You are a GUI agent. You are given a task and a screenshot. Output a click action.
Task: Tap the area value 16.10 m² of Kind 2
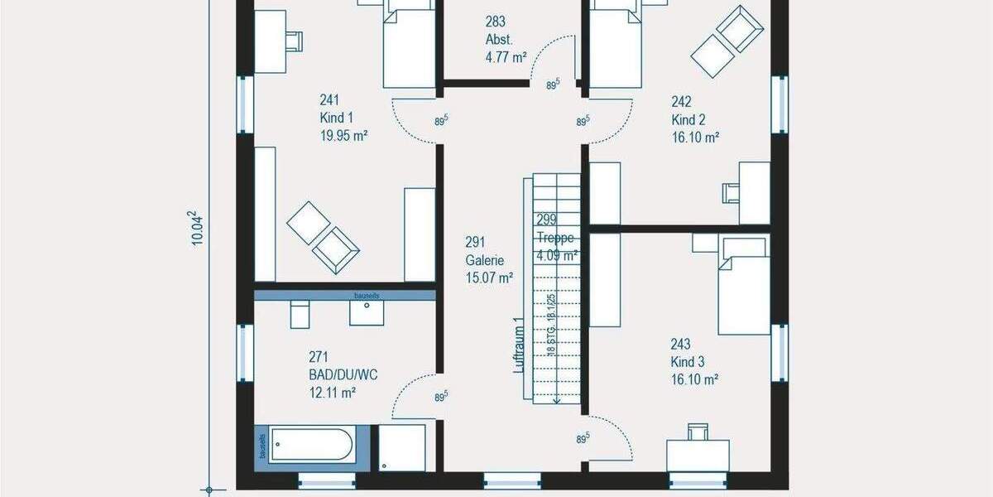pyautogui.click(x=694, y=137)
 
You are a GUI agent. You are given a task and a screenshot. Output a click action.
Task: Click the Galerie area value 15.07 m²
pyautogui.click(x=489, y=277)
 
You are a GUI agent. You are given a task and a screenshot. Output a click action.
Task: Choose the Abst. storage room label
pyautogui.click(x=499, y=39)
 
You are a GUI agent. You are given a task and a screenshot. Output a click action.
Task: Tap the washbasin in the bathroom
pyautogui.click(x=367, y=312)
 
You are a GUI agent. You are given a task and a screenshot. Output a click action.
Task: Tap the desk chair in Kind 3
pyautogui.click(x=698, y=431)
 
